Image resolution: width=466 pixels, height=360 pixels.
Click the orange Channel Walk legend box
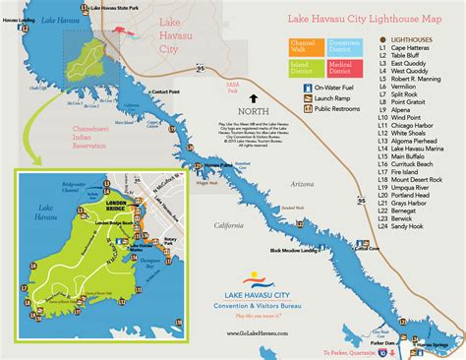[300, 46]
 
